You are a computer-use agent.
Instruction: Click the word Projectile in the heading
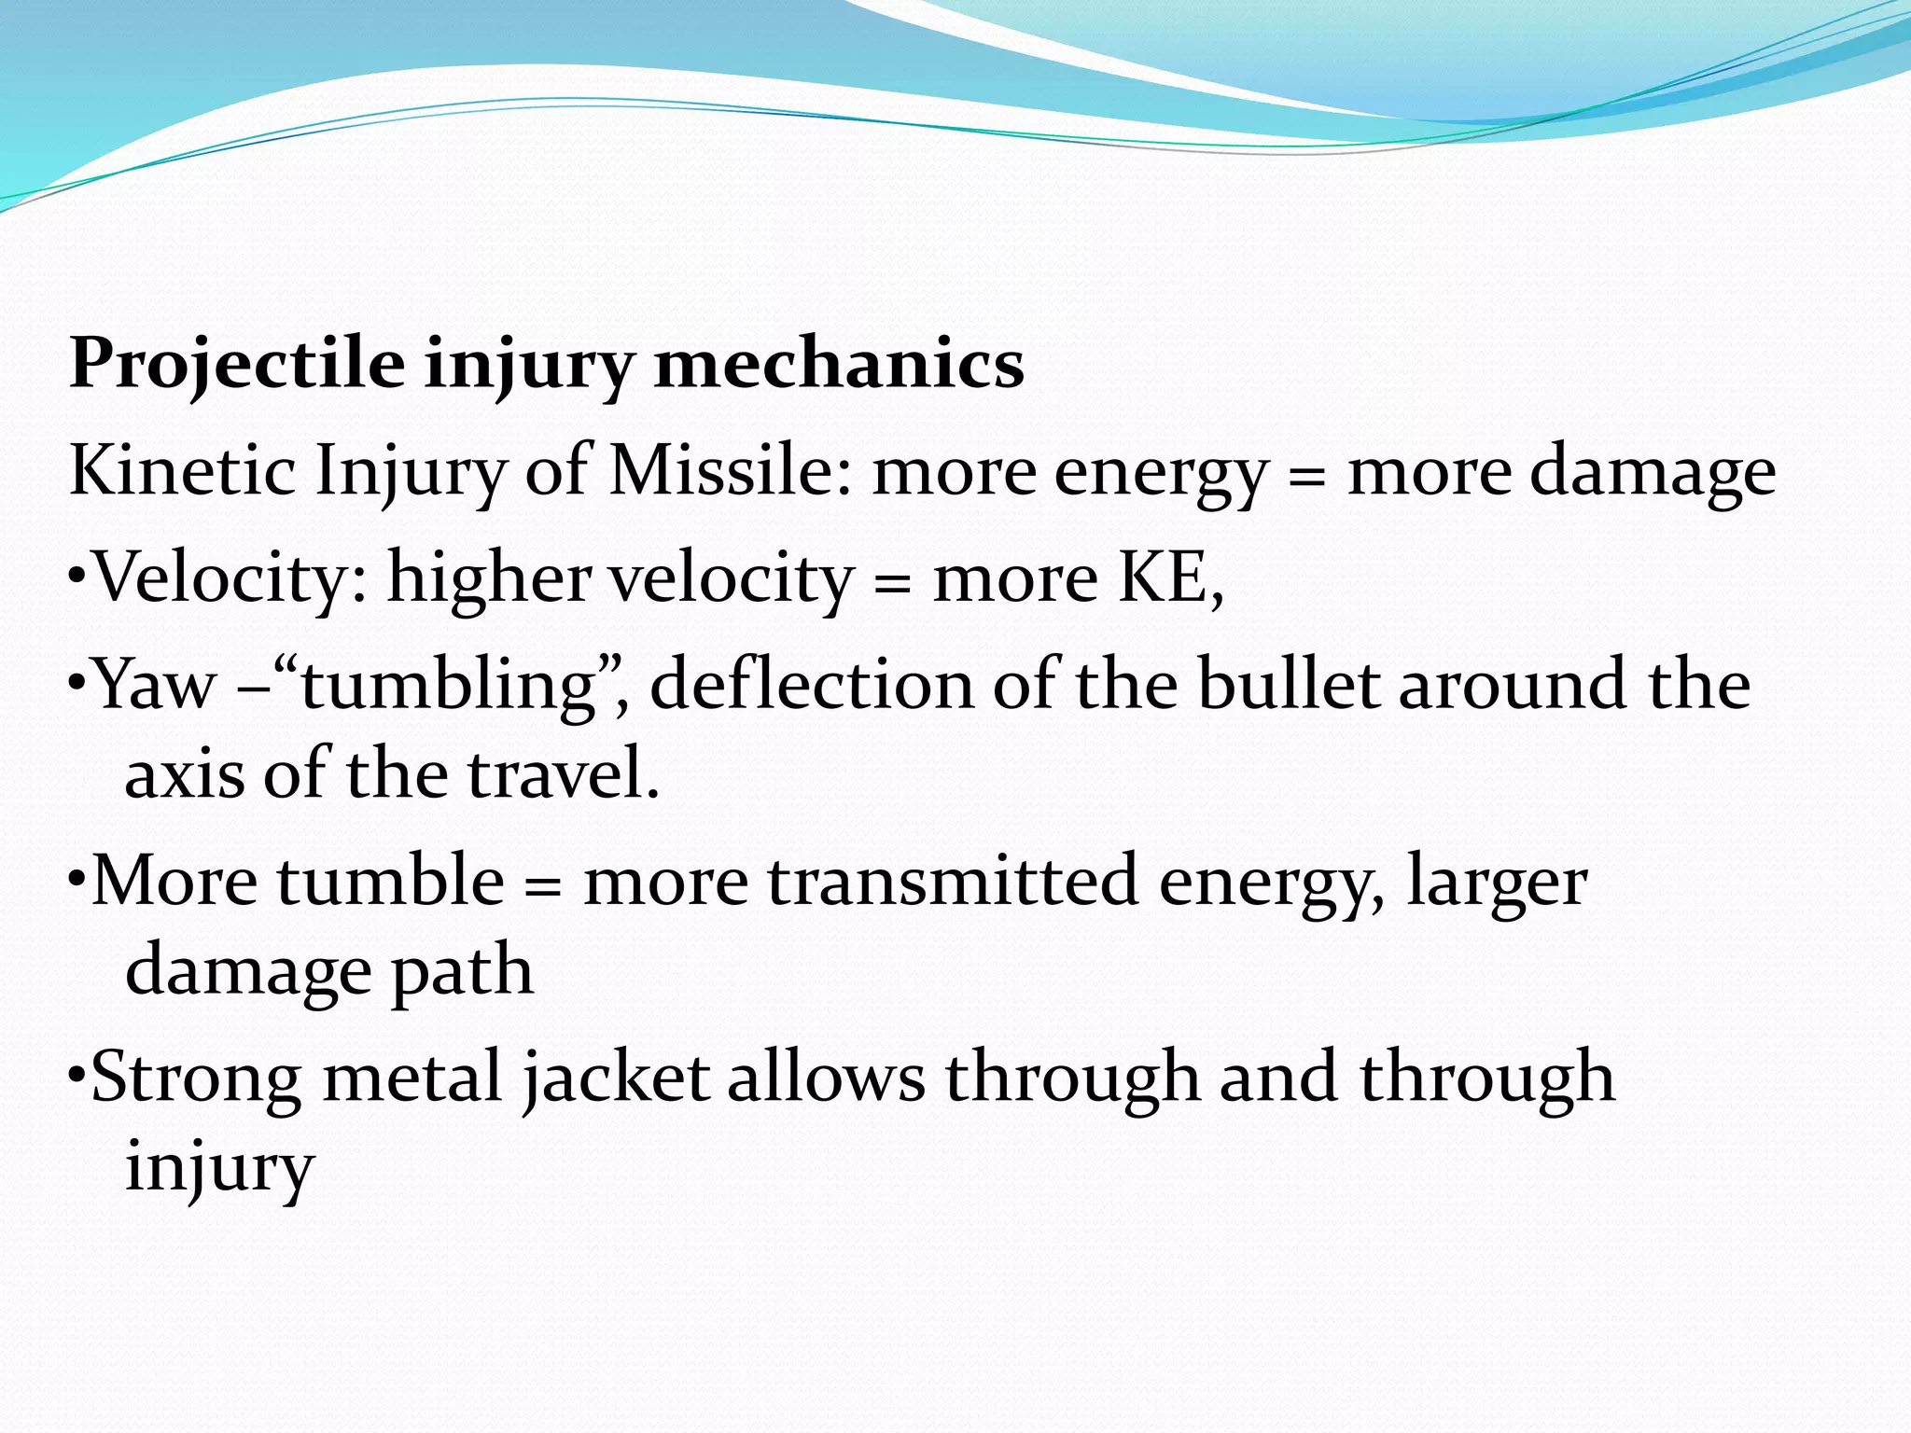point(237,365)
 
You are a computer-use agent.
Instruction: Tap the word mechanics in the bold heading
point(839,365)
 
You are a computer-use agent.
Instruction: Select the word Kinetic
point(182,470)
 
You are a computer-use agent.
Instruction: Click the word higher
point(489,577)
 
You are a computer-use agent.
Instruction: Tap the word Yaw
point(155,685)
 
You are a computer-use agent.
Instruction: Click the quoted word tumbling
point(449,685)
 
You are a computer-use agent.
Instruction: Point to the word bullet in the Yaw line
point(1288,685)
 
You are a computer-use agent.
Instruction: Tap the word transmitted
point(953,882)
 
